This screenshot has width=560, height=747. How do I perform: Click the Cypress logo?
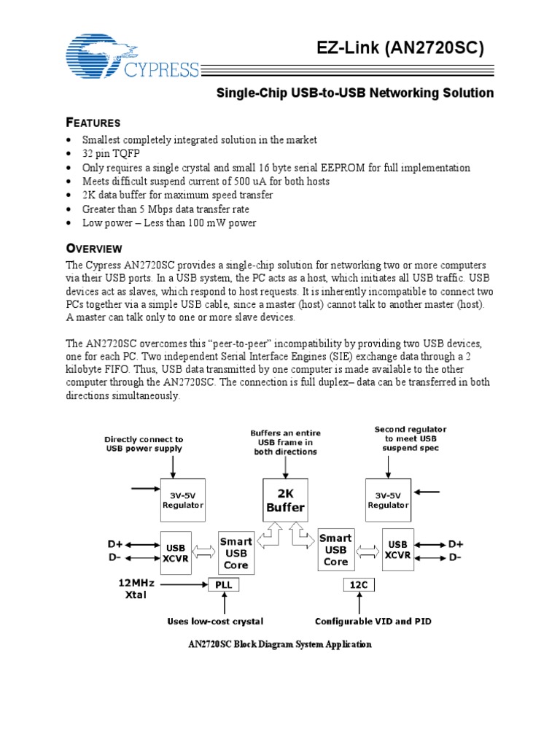pyautogui.click(x=132, y=58)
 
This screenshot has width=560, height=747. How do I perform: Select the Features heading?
pyautogui.click(x=93, y=122)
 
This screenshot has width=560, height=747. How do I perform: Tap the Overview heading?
pyautogui.click(x=94, y=249)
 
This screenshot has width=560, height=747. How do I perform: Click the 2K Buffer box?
pyautogui.click(x=284, y=501)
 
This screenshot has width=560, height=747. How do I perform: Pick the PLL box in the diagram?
pyautogui.click(x=223, y=584)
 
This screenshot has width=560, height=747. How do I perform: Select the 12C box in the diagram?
pyautogui.click(x=358, y=584)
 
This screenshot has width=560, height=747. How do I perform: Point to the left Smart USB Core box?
pyautogui.click(x=236, y=552)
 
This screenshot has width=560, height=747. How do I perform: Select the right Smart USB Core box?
pyautogui.click(x=335, y=550)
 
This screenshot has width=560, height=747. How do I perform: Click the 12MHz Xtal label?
pyautogui.click(x=133, y=589)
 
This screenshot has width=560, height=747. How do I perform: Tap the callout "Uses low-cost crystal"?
pyautogui.click(x=215, y=622)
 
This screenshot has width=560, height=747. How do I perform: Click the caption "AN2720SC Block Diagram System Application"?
pyautogui.click(x=280, y=644)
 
